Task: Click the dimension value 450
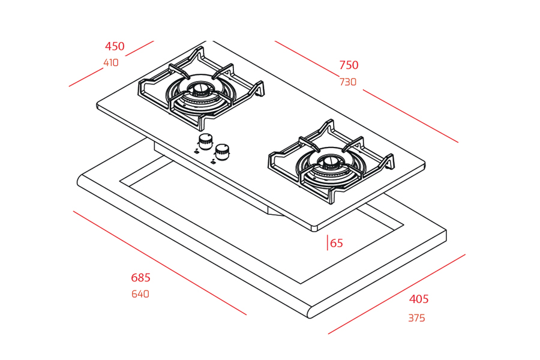tap(115, 47)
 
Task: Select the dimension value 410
tap(111, 63)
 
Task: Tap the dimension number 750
tap(349, 65)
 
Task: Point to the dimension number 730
tap(348, 82)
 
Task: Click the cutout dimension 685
tap(141, 278)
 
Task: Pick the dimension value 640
tap(140, 294)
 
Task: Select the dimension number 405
tap(419, 299)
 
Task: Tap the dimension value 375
tap(416, 318)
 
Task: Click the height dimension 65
tap(337, 243)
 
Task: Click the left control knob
tap(205, 142)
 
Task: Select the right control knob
tap(223, 151)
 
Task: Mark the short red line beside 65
tap(328, 242)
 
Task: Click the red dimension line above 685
tap(160, 263)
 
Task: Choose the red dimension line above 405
tap(397, 294)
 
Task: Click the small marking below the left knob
tap(196, 152)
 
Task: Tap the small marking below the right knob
tap(214, 161)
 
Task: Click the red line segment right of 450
tap(140, 49)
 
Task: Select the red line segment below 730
tap(410, 116)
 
